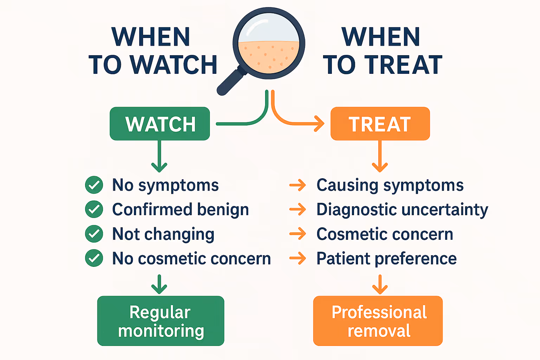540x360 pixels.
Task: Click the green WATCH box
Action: [x=160, y=124]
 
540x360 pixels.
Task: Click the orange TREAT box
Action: [x=380, y=124]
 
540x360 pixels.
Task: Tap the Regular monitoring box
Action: [x=161, y=321]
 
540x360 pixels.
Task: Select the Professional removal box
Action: [x=378, y=321]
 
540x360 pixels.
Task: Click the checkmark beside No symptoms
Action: [x=94, y=185]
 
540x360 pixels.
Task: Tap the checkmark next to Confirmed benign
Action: [x=94, y=210]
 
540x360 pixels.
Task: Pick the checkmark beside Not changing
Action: [x=94, y=234]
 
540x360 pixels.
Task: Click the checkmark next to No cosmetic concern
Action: [x=94, y=258]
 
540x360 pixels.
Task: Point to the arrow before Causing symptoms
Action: [x=298, y=185]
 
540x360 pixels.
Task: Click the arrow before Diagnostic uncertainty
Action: [x=298, y=210]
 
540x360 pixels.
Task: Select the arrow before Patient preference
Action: [x=298, y=259]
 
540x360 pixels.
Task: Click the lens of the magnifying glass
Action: [x=269, y=44]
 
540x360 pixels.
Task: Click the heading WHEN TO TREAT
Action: [x=382, y=51]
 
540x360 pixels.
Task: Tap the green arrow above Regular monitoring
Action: [x=159, y=284]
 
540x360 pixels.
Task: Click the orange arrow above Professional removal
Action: [x=380, y=284]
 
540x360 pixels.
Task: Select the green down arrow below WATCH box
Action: [x=159, y=157]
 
